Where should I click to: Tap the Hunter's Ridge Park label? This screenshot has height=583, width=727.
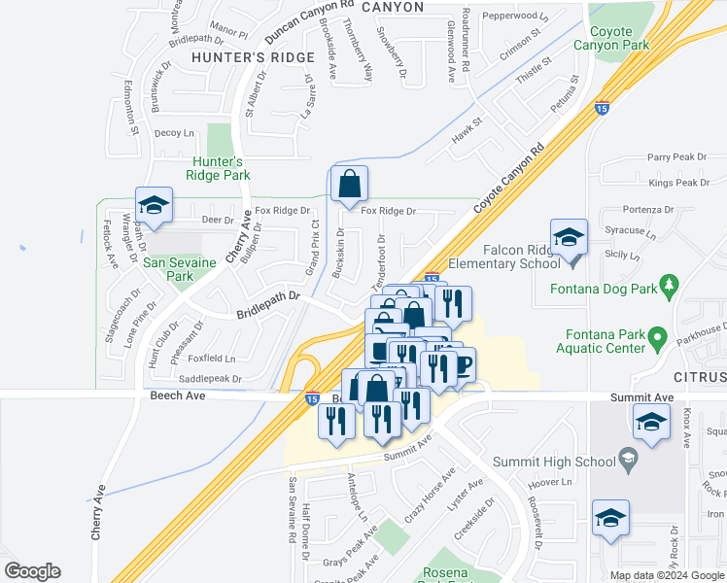click(x=221, y=168)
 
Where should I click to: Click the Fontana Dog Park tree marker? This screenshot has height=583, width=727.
click(x=668, y=284)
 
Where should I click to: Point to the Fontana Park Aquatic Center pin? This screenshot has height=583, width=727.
click(x=657, y=339)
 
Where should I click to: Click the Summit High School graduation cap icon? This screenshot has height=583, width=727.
click(x=628, y=462)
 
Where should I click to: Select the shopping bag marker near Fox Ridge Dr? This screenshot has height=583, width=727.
click(x=349, y=184)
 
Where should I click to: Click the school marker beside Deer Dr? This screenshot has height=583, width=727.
click(x=153, y=206)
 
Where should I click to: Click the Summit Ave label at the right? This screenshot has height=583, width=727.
click(x=641, y=398)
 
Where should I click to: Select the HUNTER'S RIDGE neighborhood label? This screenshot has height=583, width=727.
click(x=239, y=57)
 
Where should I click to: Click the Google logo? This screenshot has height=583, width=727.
click(x=32, y=571)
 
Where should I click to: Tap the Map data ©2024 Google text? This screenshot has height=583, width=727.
click(x=667, y=575)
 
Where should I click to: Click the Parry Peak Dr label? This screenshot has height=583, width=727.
click(x=678, y=156)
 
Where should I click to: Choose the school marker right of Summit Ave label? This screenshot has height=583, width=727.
click(x=650, y=423)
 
